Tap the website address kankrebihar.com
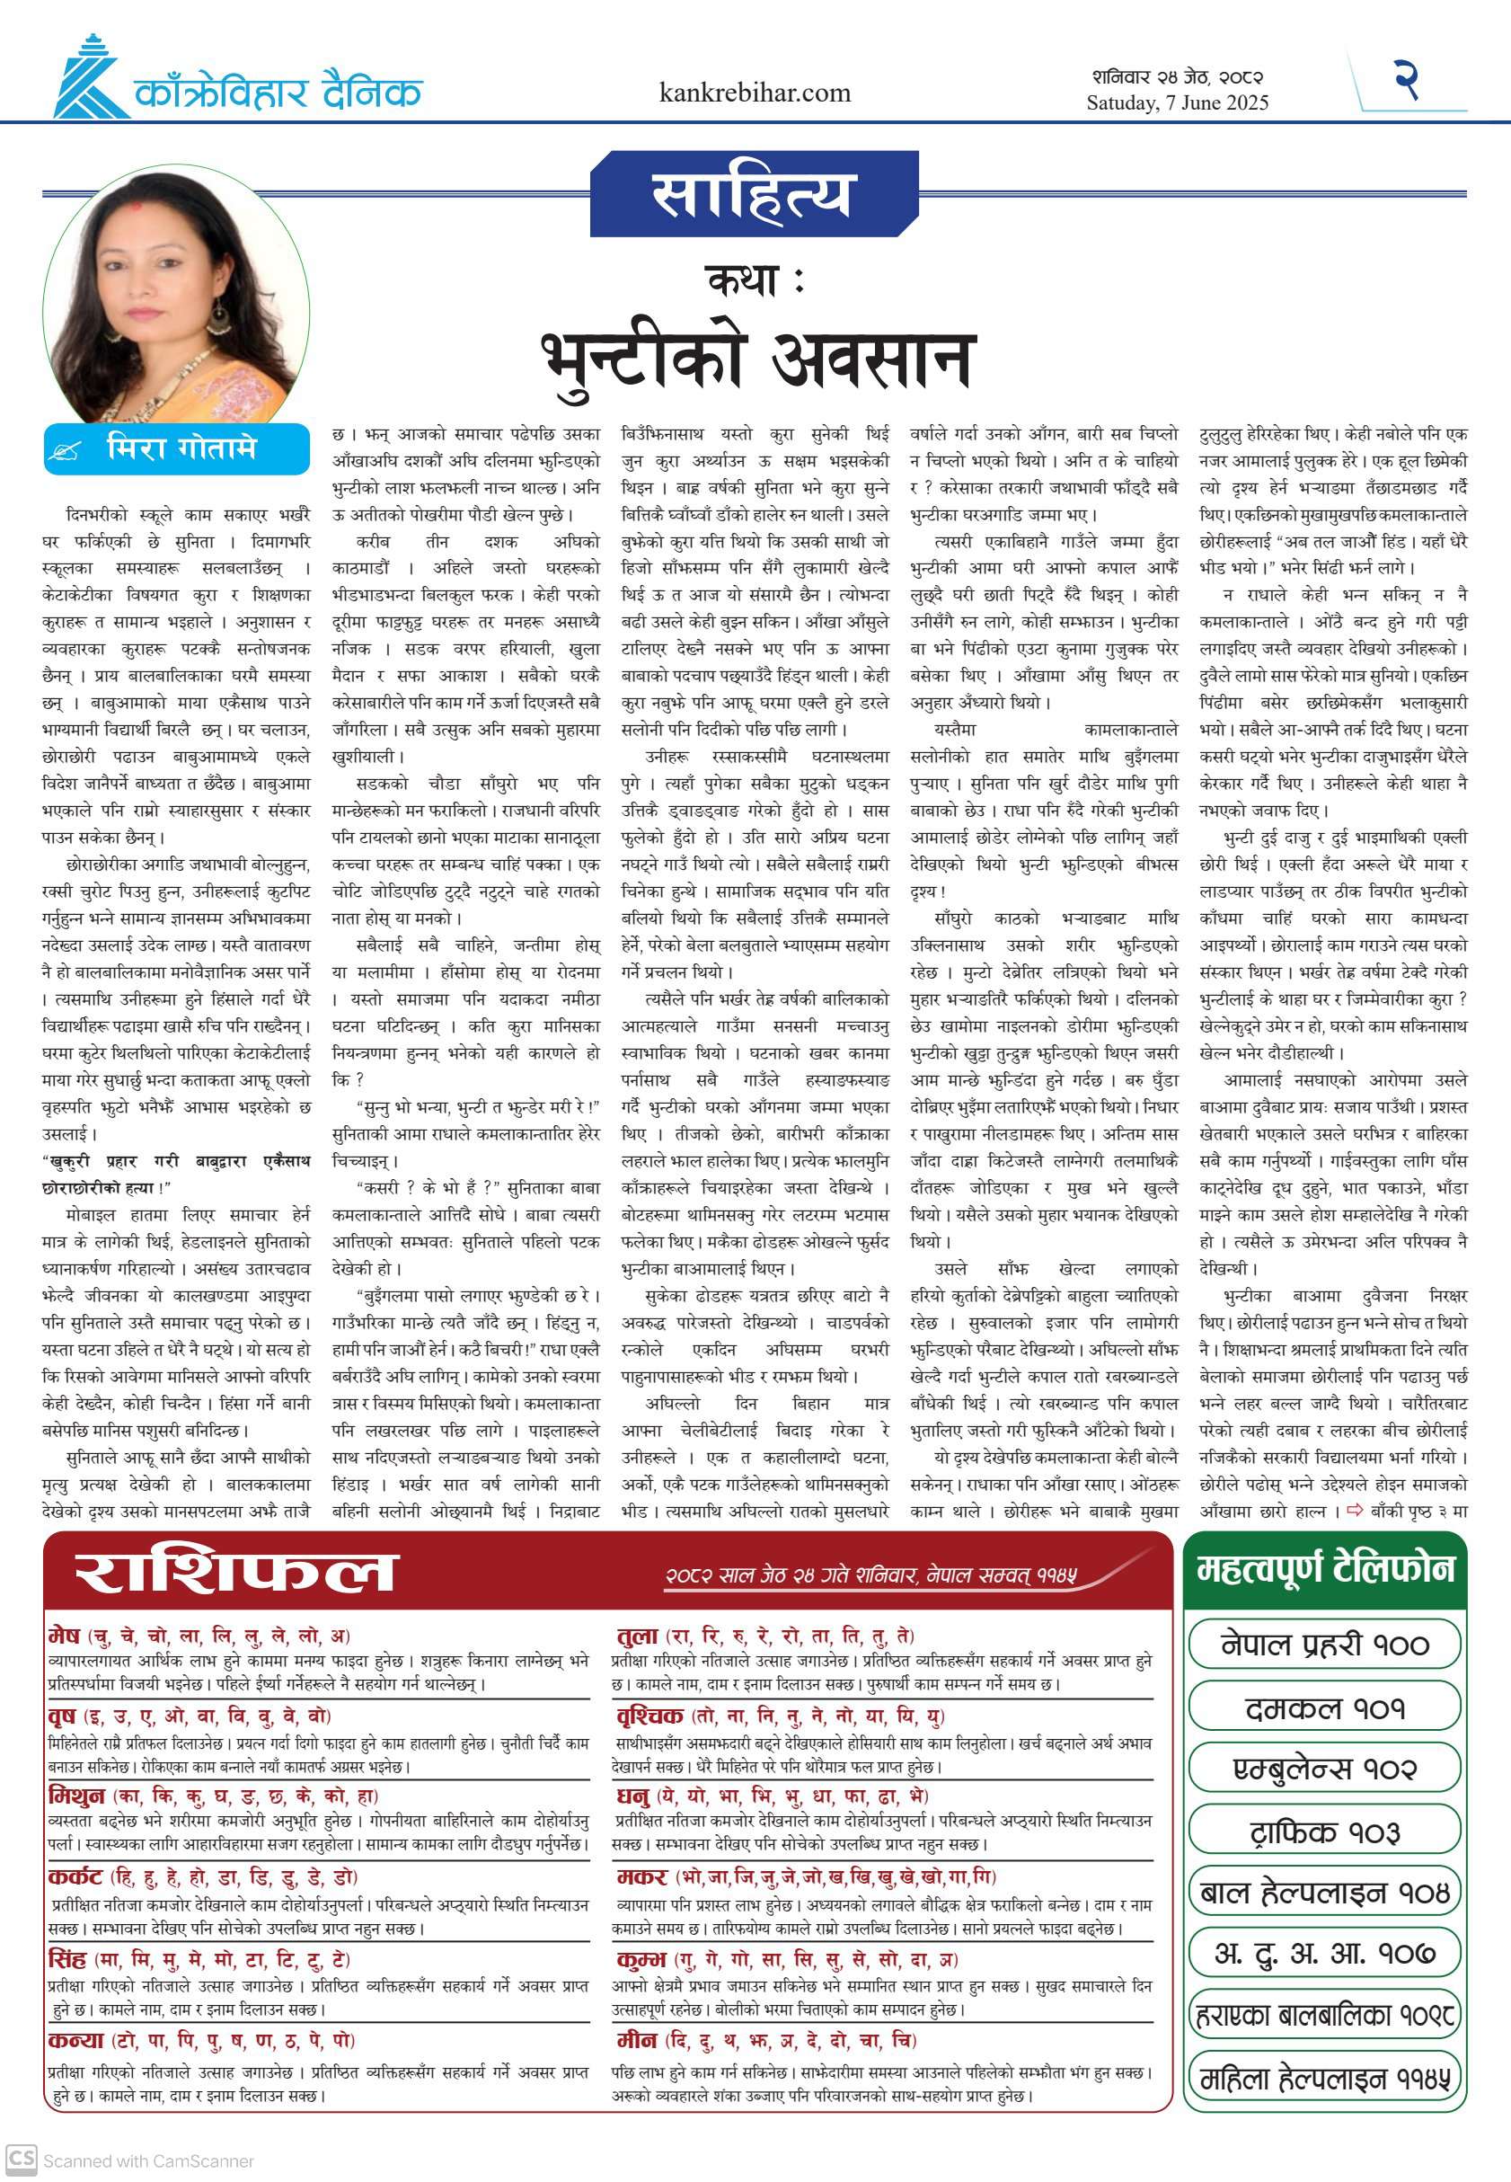click(x=755, y=93)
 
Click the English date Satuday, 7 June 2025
click(x=1177, y=103)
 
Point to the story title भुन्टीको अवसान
click(x=756, y=359)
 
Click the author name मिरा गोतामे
click(x=181, y=448)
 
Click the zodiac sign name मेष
click(x=65, y=1635)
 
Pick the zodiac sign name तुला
click(x=636, y=1635)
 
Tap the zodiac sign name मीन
click(x=636, y=2040)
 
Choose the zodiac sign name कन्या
click(x=75, y=2040)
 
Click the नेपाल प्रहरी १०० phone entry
click(x=1323, y=1644)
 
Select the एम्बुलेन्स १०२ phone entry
click(x=1323, y=1768)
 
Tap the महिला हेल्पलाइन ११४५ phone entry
click(x=1323, y=2080)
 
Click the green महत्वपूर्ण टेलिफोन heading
click(x=1323, y=1569)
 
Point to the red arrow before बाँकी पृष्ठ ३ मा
click(x=1354, y=1510)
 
